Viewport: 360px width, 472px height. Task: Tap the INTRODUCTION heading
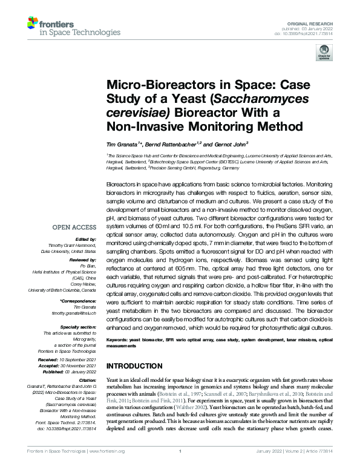134,367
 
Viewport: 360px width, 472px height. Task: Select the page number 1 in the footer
180,468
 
